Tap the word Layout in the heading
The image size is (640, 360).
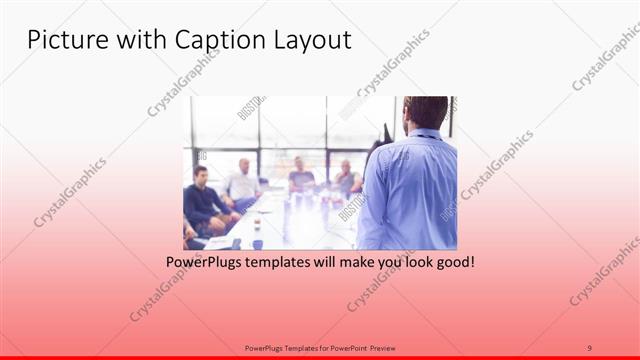point(311,40)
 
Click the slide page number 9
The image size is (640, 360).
point(590,347)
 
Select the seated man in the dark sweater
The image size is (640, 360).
point(204,200)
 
